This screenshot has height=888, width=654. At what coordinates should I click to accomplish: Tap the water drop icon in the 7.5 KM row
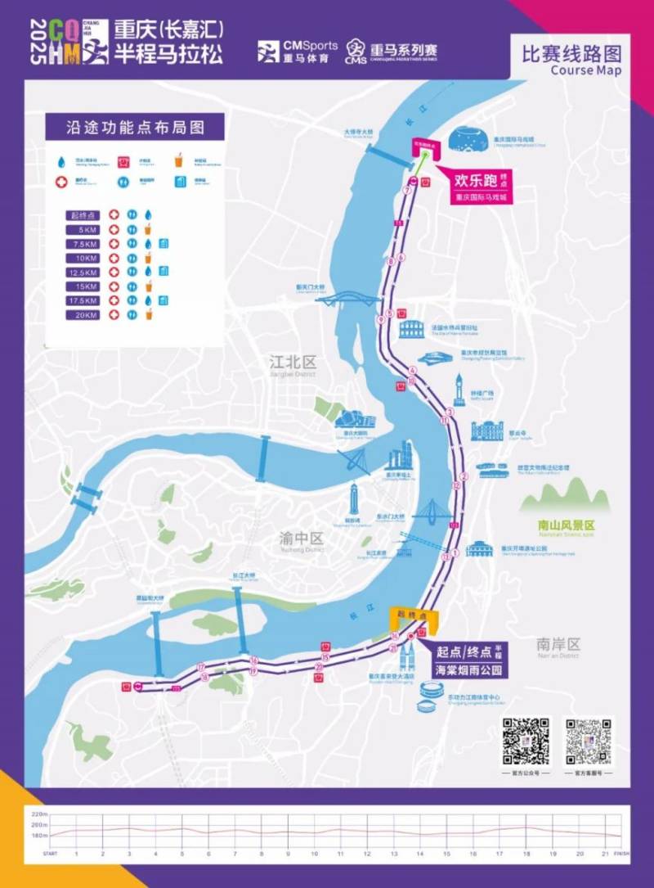point(148,243)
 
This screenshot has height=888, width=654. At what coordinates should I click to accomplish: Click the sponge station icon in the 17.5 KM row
point(163,300)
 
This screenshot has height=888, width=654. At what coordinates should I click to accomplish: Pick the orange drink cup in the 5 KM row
point(148,228)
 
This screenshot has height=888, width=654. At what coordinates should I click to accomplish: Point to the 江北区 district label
point(293,362)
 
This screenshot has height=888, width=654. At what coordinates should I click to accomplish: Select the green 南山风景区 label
point(566,525)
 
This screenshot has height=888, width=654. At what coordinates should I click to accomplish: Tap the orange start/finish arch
point(414,615)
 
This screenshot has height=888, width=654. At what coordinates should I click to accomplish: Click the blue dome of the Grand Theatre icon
point(468,139)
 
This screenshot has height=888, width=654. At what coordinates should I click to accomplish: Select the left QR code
point(526,741)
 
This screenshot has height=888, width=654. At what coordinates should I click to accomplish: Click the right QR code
point(589,741)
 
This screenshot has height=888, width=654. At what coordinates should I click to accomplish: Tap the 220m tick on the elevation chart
point(39,815)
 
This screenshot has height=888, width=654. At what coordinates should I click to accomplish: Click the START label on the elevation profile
point(51,854)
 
